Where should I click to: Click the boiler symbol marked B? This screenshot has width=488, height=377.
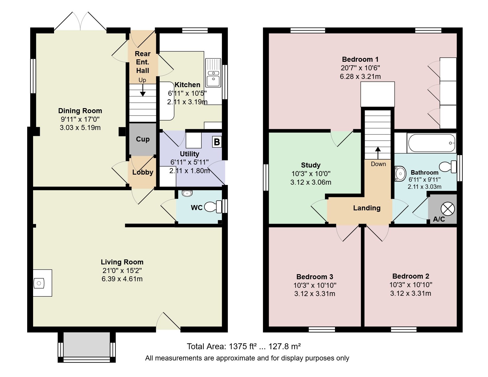[217, 142]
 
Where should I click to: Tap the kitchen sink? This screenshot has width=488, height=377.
[213, 73]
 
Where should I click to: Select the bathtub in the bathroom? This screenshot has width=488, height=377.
[432, 143]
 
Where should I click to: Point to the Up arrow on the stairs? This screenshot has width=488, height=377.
[143, 90]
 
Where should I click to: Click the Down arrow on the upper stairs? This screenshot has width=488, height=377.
[378, 153]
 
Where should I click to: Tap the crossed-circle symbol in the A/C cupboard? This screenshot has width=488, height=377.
[448, 209]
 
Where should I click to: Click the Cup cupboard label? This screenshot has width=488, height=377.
[143, 139]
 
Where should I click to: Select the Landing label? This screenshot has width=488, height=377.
[367, 208]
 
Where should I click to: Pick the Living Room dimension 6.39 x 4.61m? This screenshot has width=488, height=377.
[122, 279]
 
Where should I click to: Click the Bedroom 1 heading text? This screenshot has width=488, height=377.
[360, 59]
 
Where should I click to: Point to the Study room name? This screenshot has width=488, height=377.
[310, 165]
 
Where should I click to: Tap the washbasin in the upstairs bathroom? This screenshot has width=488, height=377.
[401, 173]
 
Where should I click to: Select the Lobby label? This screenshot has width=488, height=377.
[143, 172]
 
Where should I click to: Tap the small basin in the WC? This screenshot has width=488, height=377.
[187, 193]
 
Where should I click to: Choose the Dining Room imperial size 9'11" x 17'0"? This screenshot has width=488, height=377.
[80, 119]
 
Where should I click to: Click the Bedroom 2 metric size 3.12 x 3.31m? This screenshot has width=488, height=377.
[411, 293]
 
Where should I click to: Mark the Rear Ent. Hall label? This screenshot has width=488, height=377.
[143, 62]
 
